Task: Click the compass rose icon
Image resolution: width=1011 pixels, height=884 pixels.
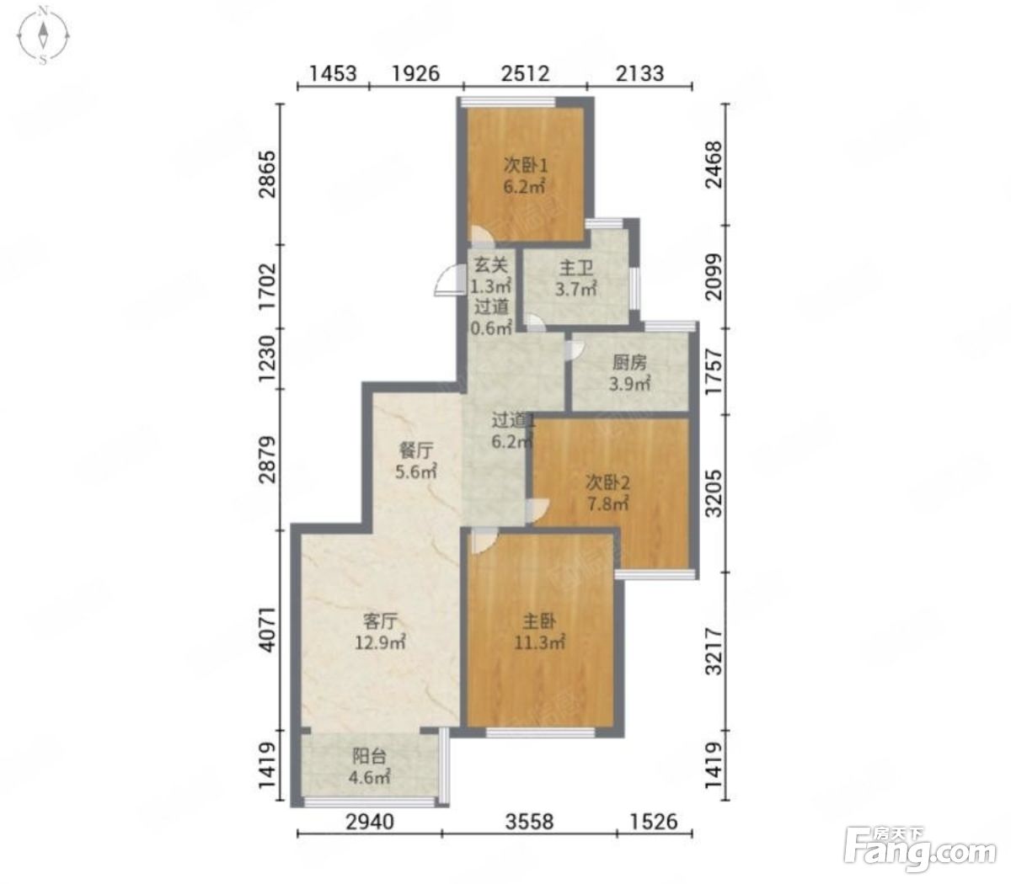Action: coord(44,35)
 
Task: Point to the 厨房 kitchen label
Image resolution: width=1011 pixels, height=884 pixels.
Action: coord(629,363)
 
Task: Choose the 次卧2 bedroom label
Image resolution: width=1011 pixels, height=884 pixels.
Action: coord(607,482)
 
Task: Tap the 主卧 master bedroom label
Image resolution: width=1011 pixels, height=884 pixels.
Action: coord(539,621)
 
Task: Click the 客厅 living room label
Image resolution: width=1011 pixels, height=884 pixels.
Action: coord(380,621)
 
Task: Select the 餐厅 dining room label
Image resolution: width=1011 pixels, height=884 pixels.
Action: coord(416,450)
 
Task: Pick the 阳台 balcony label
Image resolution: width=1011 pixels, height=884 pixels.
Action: coord(369,756)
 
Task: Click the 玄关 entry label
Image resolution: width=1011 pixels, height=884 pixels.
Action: coord(490,266)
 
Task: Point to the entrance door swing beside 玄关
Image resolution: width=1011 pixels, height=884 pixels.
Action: coord(450,280)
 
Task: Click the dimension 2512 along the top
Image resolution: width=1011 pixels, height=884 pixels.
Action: coord(525,74)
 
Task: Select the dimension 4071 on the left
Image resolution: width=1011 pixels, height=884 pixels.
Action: coord(267,629)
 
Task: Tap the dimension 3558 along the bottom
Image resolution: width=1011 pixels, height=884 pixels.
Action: coord(529,822)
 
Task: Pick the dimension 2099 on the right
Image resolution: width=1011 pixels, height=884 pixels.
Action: coord(714,277)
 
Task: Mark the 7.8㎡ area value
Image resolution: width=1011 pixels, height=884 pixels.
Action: coord(607,504)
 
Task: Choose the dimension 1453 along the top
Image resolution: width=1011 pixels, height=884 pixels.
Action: coord(333,74)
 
